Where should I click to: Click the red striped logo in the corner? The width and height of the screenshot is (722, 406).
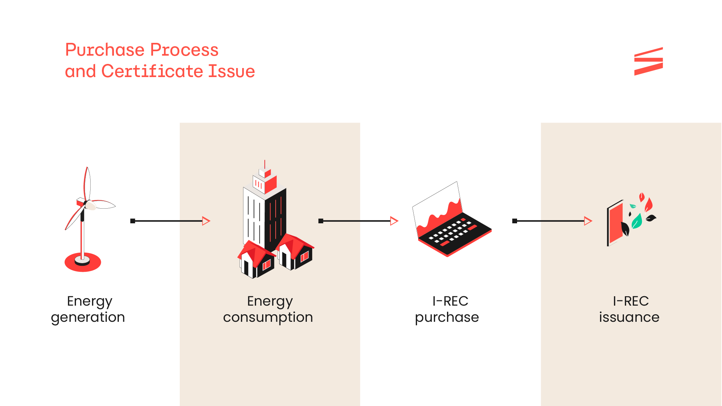648,61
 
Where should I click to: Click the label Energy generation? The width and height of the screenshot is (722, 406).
88,309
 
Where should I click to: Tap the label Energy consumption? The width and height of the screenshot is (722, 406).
268,309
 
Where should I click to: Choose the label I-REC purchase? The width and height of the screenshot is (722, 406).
447,309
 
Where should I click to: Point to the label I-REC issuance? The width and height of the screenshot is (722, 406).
629,309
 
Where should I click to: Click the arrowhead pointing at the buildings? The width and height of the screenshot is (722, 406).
206,221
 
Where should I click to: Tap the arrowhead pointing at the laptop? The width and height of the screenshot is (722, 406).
394,221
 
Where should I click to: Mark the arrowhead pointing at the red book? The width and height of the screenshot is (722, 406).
588,221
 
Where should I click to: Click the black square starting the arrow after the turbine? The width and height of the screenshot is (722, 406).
133,221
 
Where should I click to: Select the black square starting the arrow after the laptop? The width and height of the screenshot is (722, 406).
514,221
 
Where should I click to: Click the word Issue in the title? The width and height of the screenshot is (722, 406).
232,71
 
